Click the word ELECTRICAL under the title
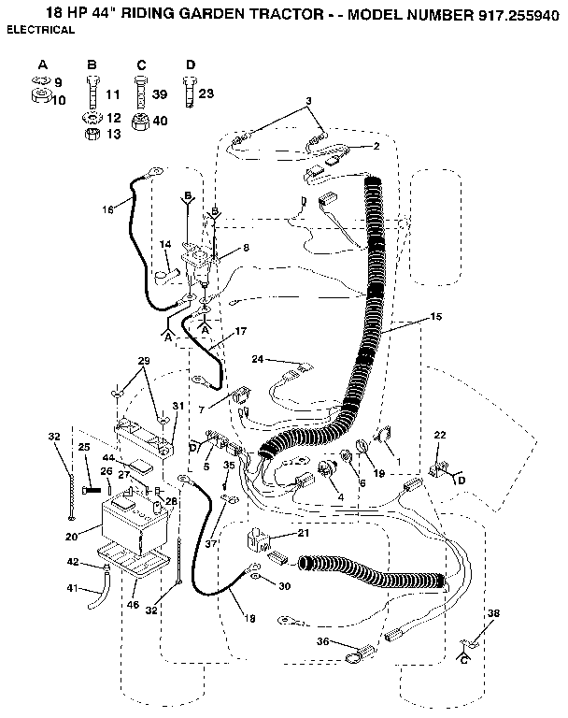[41, 30]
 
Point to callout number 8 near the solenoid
[246, 248]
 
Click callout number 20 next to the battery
[71, 537]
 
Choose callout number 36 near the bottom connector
[323, 640]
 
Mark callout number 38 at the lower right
[492, 614]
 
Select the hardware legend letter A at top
[43, 64]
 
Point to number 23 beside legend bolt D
[206, 93]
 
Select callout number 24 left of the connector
[258, 358]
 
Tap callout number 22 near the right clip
[441, 435]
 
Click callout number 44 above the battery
[108, 457]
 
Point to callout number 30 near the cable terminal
[284, 586]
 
